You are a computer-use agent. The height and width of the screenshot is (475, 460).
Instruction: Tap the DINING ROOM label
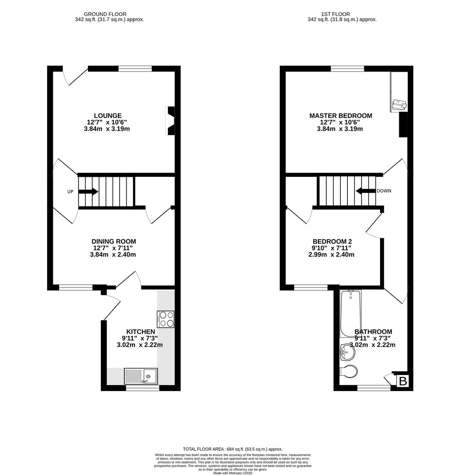coord(113,241)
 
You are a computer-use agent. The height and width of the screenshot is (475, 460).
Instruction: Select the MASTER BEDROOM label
coord(340,116)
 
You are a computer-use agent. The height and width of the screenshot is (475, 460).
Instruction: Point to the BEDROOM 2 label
coord(332,241)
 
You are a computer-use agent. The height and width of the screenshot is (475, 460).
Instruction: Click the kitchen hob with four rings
coord(165,319)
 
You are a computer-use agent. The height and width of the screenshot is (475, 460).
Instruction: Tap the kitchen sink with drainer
coord(141,376)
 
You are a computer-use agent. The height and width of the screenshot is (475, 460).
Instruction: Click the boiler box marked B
coord(402,381)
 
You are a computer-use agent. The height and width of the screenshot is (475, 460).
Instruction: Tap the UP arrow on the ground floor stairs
coord(88,192)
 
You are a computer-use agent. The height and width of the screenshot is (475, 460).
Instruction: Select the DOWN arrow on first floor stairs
coord(365,191)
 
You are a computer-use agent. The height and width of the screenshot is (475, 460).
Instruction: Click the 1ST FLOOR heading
coord(342,14)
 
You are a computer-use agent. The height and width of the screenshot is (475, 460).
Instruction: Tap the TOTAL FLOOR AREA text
coord(233,449)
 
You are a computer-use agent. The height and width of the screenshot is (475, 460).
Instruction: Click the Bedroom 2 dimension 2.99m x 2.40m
coord(331,255)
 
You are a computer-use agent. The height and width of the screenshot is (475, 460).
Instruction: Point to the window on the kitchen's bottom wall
coord(142,388)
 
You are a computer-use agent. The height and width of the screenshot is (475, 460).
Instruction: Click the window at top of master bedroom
coord(347,68)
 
